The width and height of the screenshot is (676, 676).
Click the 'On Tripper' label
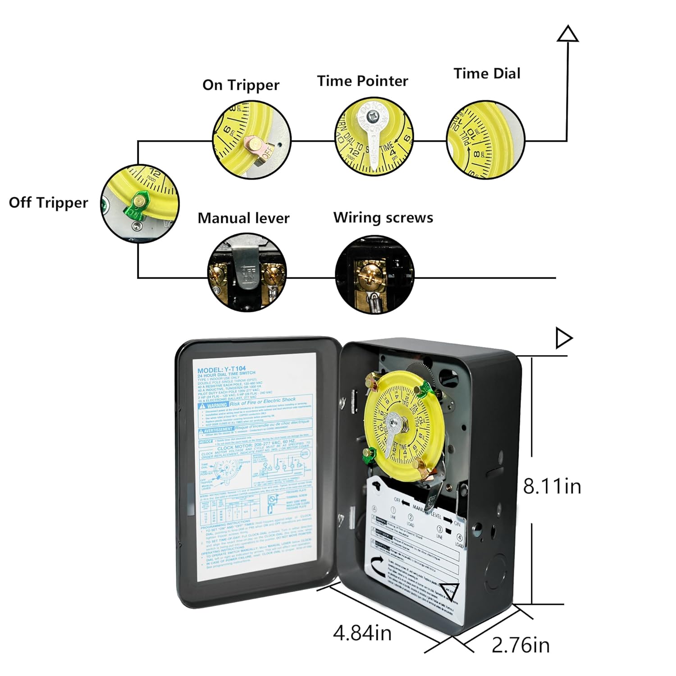[241, 85]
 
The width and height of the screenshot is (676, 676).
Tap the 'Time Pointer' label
[362, 81]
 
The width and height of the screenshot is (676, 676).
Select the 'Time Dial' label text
[487, 73]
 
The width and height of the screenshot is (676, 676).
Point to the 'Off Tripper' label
[48, 203]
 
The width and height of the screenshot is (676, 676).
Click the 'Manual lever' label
[243, 218]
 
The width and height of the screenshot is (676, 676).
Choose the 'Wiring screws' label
[383, 218]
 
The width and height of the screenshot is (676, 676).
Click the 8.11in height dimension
[552, 487]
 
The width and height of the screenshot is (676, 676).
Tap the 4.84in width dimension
[362, 633]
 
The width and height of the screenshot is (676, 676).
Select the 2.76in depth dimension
[521, 645]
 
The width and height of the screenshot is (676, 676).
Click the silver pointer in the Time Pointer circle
[374, 135]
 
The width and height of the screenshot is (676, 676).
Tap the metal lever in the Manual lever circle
[247, 269]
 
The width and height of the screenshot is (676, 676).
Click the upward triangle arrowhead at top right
[567, 35]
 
